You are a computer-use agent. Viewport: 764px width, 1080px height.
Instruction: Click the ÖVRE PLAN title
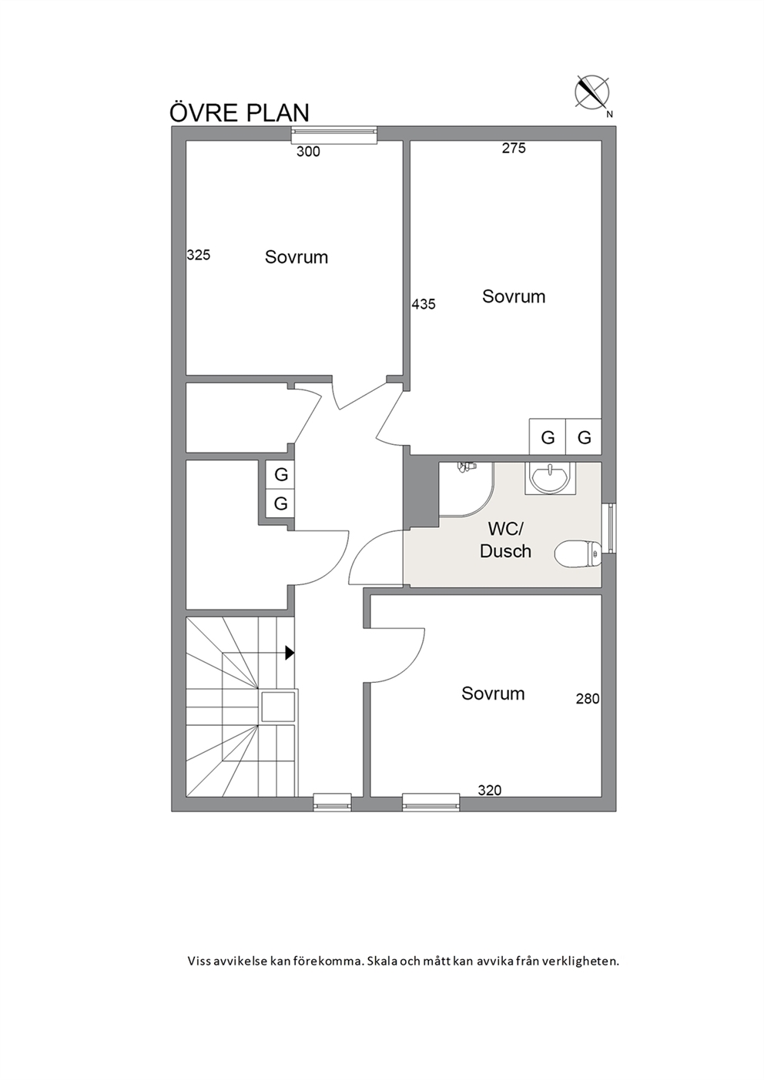(x=240, y=112)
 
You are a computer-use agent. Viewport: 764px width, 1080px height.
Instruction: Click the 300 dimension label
(x=308, y=152)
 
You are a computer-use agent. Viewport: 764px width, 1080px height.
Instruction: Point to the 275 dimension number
(x=514, y=149)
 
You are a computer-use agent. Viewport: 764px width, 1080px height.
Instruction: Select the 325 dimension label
(x=199, y=255)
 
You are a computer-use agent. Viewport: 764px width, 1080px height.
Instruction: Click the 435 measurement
(x=424, y=304)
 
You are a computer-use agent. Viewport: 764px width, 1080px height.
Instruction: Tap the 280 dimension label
(x=588, y=699)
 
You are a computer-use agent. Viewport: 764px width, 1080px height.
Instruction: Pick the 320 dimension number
(x=490, y=791)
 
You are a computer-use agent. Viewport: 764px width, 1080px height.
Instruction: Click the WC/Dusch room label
(x=505, y=540)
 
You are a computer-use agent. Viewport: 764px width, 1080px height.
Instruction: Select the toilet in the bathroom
(x=578, y=553)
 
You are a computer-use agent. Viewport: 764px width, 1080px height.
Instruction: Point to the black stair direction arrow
(x=290, y=653)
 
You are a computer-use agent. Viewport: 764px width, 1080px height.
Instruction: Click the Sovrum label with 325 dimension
(x=297, y=257)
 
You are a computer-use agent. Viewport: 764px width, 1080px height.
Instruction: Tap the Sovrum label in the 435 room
(x=514, y=296)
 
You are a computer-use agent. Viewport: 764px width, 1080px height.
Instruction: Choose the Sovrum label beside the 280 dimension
(x=493, y=694)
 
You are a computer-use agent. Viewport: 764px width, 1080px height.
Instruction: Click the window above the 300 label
(x=334, y=135)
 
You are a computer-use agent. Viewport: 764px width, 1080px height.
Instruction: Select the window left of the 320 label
(x=431, y=802)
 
